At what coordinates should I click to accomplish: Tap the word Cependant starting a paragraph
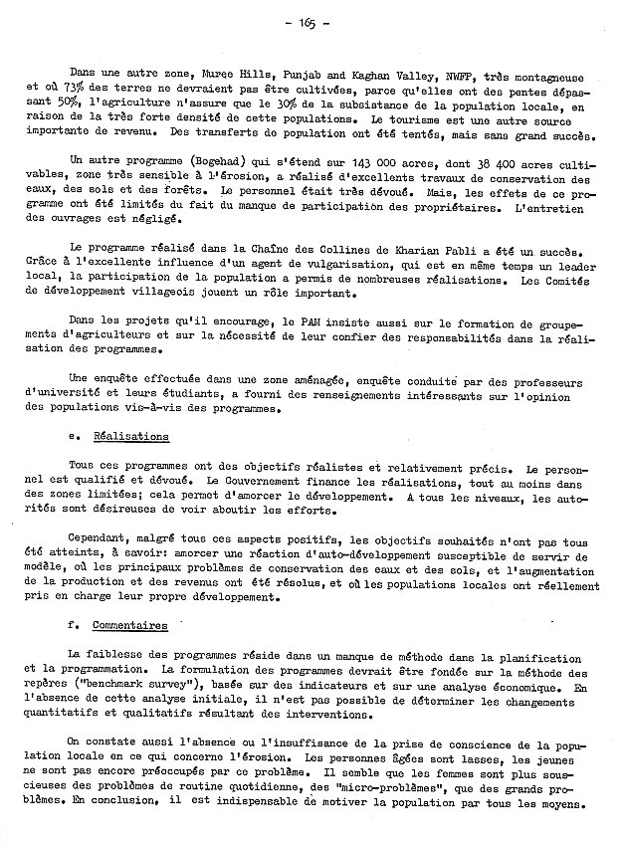[98, 539]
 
